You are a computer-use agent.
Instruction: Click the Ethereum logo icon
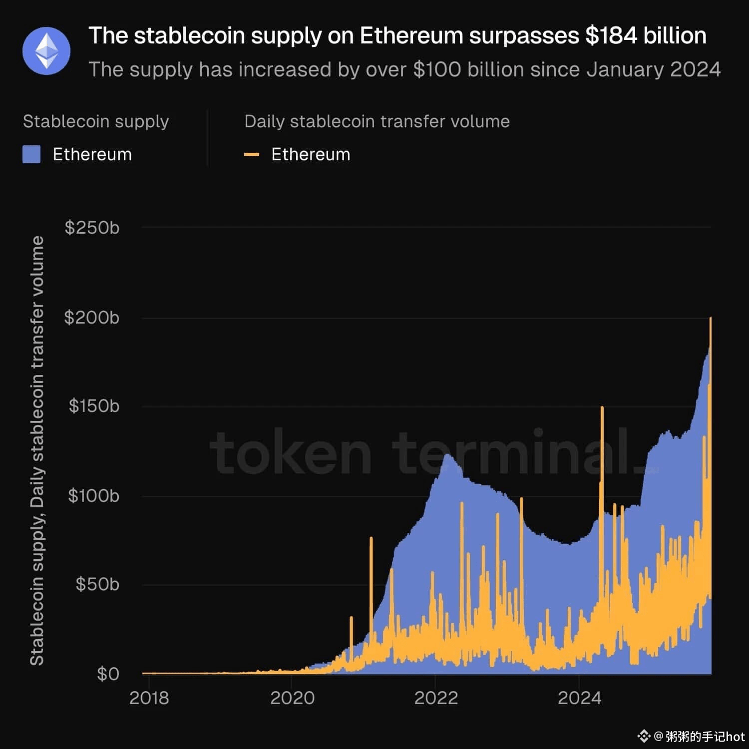pyautogui.click(x=46, y=51)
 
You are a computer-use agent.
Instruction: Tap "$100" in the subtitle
pyautogui.click(x=435, y=70)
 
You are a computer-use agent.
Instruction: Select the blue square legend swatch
pyautogui.click(x=31, y=155)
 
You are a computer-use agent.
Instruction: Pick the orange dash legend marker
pyautogui.click(x=252, y=155)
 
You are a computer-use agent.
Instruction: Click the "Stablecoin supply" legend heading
pyautogui.click(x=96, y=121)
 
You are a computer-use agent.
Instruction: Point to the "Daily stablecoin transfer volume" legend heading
pyautogui.click(x=377, y=121)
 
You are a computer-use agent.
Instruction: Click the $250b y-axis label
pyautogui.click(x=92, y=228)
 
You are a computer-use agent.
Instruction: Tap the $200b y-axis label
pyautogui.click(x=92, y=318)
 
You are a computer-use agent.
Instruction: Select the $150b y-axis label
pyautogui.click(x=94, y=406)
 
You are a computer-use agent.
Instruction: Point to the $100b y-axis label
pyautogui.click(x=94, y=496)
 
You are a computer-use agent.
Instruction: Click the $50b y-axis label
pyautogui.click(x=97, y=584)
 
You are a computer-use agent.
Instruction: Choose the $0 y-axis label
pyautogui.click(x=108, y=674)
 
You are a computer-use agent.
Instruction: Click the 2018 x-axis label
pyautogui.click(x=149, y=698)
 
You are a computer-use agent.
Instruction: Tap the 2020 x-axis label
pyautogui.click(x=292, y=698)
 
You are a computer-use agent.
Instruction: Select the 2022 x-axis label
pyautogui.click(x=436, y=698)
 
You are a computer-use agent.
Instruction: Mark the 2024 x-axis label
pyautogui.click(x=579, y=698)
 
